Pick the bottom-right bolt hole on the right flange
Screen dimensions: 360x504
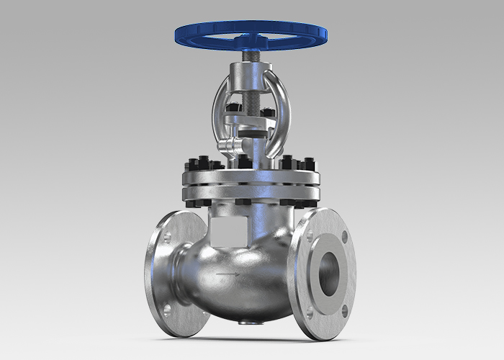tap(344, 310)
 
